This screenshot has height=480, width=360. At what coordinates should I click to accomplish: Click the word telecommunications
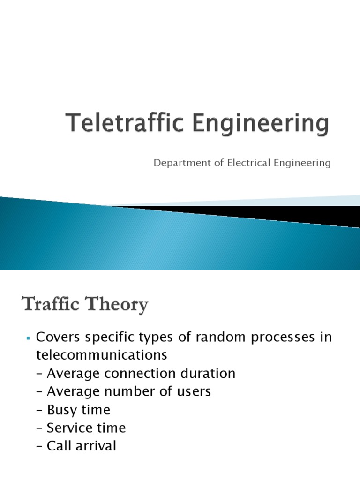click(x=101, y=355)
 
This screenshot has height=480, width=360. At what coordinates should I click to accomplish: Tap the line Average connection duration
click(x=135, y=374)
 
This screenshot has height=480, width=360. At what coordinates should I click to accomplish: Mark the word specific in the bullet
click(x=105, y=338)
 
